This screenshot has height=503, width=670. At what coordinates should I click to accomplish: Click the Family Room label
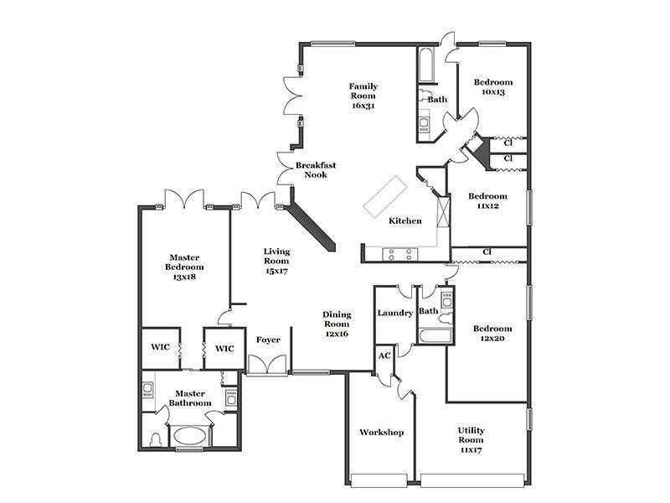point(363,96)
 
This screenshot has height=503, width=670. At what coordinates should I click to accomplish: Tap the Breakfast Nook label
point(316,170)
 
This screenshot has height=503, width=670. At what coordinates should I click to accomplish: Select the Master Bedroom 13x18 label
point(184,267)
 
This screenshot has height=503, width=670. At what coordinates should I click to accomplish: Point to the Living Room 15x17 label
point(276,261)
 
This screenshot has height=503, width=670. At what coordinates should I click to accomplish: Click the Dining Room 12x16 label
point(337,324)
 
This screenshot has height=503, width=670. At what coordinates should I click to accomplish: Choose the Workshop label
point(381,432)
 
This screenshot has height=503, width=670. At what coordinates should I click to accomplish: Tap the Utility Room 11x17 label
point(471,440)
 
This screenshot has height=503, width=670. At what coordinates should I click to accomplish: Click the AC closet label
point(384,355)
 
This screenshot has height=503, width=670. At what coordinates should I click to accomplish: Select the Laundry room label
point(394,313)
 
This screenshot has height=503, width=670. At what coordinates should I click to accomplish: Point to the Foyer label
point(268,340)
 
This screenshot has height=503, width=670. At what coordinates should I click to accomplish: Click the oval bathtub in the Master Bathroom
point(190,436)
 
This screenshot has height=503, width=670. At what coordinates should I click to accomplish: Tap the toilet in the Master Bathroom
point(156,438)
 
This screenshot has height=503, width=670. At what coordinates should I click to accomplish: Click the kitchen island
point(384,197)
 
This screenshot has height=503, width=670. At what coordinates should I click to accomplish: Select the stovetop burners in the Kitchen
point(400,255)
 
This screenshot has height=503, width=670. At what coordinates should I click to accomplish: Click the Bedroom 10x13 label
point(493,87)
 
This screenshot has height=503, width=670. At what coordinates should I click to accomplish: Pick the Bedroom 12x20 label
point(492,333)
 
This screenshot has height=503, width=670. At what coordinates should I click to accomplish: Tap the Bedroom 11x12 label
point(488,200)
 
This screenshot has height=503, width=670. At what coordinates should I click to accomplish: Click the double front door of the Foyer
point(268,365)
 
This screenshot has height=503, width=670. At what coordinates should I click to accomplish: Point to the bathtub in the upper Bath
point(426,65)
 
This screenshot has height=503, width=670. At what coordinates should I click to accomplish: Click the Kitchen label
point(405,220)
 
